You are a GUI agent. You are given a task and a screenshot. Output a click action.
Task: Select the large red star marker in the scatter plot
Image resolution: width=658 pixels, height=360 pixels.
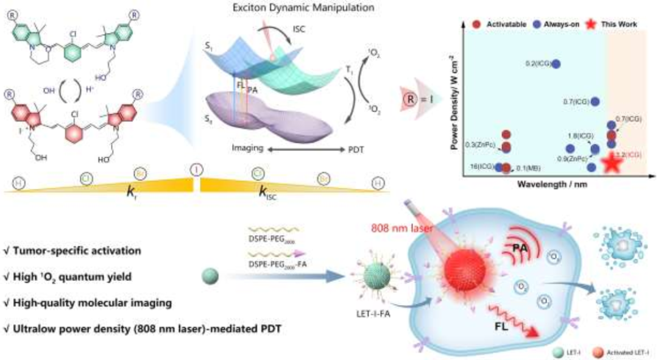[612, 162]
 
